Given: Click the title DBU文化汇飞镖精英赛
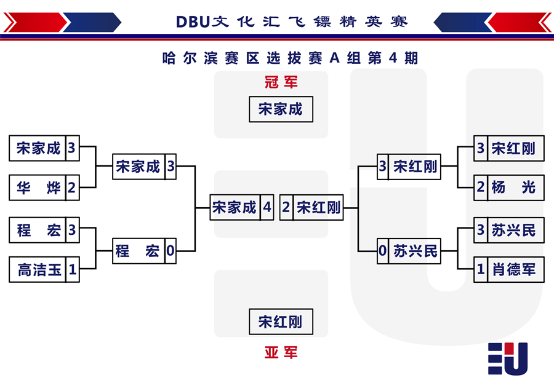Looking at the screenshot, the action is [292, 22].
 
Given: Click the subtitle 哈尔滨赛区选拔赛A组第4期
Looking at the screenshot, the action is [290, 58].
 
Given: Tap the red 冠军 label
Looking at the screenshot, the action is [281, 82].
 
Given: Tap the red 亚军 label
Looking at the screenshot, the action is [281, 352].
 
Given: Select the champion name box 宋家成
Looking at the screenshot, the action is [281, 109].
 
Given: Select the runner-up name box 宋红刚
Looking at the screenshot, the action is [281, 322].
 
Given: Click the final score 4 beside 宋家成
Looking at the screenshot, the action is [267, 207].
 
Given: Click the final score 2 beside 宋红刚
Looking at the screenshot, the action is [286, 207].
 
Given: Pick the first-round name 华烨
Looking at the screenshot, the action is [39, 188].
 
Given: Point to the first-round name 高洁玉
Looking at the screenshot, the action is [39, 270].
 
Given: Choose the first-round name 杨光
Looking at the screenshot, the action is [513, 188].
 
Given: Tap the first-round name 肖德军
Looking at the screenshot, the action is [514, 270].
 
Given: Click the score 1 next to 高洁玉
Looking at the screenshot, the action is [73, 270].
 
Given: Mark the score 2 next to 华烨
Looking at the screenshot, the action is [72, 188].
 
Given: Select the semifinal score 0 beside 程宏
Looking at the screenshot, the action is [171, 251].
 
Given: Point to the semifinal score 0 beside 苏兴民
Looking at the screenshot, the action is [383, 251].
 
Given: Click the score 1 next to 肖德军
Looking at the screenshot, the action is [481, 270].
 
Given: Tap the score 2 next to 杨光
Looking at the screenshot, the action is [481, 188].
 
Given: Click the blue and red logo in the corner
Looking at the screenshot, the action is [508, 358].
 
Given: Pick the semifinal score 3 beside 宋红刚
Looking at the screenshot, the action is [383, 166].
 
